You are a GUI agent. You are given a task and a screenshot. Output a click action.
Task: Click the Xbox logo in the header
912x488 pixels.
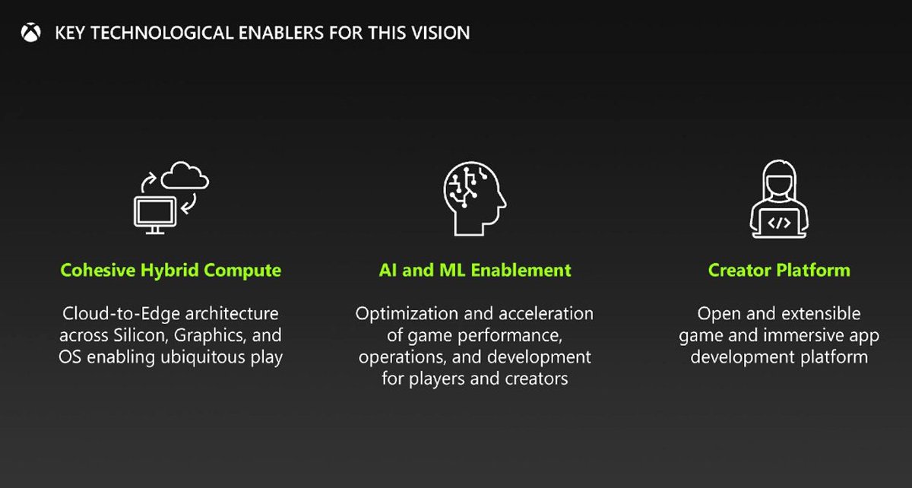pos(31,33)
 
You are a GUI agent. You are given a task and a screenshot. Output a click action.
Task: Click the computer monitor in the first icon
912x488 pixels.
pos(155,213)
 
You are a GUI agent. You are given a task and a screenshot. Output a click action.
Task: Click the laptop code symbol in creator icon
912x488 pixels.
pos(779,223)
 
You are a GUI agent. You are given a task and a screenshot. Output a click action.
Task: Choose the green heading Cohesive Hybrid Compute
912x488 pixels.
pos(170,270)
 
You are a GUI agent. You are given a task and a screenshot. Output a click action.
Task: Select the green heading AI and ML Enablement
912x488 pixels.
pos(474,270)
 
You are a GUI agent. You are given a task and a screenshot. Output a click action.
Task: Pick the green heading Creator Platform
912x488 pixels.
pos(779,270)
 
